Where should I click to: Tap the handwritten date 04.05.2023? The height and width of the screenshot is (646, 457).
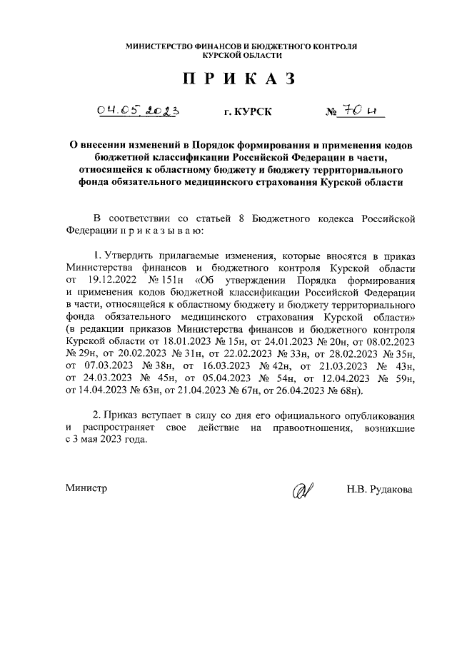click(138, 111)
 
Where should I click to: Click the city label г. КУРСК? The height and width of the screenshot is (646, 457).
click(247, 113)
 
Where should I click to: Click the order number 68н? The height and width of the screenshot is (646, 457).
click(348, 391)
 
